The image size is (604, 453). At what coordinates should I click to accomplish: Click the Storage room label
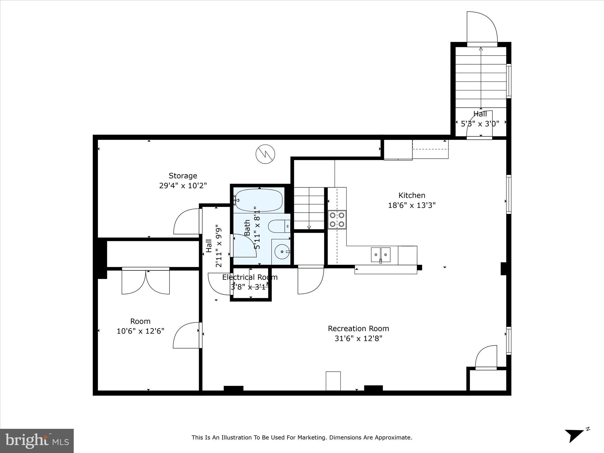pyautogui.click(x=183, y=176)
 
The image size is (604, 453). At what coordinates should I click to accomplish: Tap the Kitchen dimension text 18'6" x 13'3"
pyautogui.click(x=412, y=205)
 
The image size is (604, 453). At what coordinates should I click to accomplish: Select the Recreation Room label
pyautogui.click(x=358, y=329)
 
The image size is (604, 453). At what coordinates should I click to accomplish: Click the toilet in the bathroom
pyautogui.click(x=278, y=226)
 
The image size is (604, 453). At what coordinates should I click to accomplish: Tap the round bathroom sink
pyautogui.click(x=282, y=252)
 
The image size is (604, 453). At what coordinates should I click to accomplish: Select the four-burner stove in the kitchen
pyautogui.click(x=337, y=220)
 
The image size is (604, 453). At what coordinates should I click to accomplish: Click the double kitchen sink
pyautogui.click(x=380, y=254)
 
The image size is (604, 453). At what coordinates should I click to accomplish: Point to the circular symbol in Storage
pyautogui.click(x=265, y=154)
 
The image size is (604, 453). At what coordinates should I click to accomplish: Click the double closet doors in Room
pyautogui.click(x=146, y=282)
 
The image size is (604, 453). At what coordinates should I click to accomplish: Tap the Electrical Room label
pyautogui.click(x=250, y=277)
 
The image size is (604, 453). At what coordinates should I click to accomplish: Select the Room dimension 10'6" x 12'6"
pyautogui.click(x=140, y=331)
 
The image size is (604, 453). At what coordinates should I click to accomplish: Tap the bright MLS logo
pyautogui.click(x=37, y=441)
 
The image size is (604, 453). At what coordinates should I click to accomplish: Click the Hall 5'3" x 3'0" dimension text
pyautogui.click(x=480, y=124)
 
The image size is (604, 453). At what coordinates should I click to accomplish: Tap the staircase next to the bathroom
pyautogui.click(x=309, y=208)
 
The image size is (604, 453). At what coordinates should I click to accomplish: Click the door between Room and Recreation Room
pyautogui.click(x=186, y=336)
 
